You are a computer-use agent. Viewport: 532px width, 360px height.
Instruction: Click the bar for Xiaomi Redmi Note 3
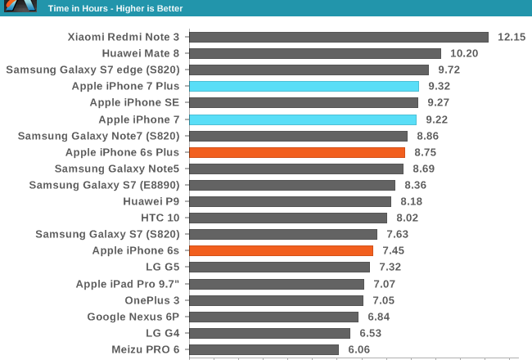tap(339, 37)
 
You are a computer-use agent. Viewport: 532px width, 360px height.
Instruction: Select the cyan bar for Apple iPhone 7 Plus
tap(304, 86)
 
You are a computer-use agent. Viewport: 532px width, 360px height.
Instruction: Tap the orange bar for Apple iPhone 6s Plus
tap(297, 152)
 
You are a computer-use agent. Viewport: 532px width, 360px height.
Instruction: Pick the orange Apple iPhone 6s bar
tap(281, 250)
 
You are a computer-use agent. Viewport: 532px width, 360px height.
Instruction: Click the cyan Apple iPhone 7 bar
tap(303, 119)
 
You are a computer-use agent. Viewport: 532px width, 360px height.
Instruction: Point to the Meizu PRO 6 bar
tap(264, 349)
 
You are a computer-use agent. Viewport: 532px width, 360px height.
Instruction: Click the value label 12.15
tap(512, 37)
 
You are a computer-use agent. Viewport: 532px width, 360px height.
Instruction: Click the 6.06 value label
tap(359, 349)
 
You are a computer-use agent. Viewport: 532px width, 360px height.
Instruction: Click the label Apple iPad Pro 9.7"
tap(127, 284)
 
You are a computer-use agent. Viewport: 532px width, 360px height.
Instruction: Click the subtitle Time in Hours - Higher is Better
tap(115, 8)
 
